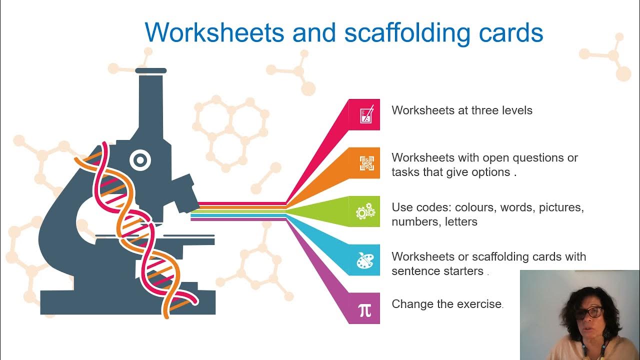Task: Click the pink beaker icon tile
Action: tap(365, 115)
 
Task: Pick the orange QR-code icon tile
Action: tap(365, 163)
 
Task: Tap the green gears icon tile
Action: tap(365, 211)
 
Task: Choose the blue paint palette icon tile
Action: tap(365, 260)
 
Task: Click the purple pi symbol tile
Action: tap(365, 309)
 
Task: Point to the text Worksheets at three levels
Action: tap(462, 110)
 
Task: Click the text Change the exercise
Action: tap(446, 304)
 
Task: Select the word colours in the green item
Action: tap(474, 207)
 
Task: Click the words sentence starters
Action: tap(438, 271)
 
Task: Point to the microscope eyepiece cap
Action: tap(150, 71)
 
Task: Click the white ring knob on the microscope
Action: tap(140, 160)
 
